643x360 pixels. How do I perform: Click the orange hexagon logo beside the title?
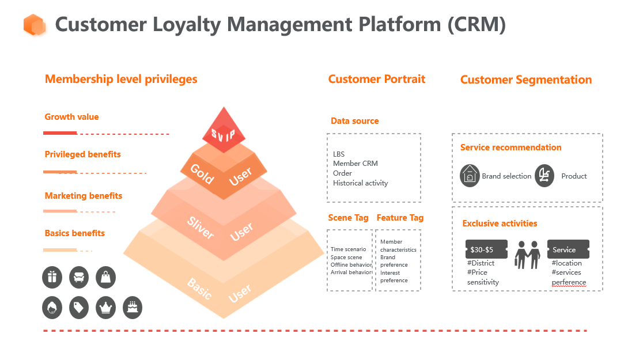(35, 25)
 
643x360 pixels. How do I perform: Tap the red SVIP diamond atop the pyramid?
(224, 130)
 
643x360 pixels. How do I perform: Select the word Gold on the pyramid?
(202, 174)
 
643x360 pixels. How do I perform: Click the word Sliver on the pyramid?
(201, 228)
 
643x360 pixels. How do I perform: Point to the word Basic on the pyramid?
(200, 289)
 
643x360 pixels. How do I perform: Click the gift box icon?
(52, 277)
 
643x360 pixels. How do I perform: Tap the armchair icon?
(79, 277)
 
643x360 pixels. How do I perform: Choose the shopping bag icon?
(106, 277)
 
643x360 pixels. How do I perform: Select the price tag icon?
(79, 308)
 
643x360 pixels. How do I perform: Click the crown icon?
(106, 308)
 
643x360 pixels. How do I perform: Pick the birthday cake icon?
(133, 308)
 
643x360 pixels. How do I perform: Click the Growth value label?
(72, 117)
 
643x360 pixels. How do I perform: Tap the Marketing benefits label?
(84, 196)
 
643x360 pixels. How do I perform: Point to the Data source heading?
(355, 121)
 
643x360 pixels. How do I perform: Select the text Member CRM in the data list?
(355, 163)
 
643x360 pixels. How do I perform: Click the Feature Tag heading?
(400, 218)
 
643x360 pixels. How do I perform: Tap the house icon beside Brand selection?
(470, 176)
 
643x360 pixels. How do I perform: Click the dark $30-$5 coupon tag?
(486, 249)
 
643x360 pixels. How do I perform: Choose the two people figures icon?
(527, 255)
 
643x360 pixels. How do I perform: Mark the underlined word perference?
(569, 282)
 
